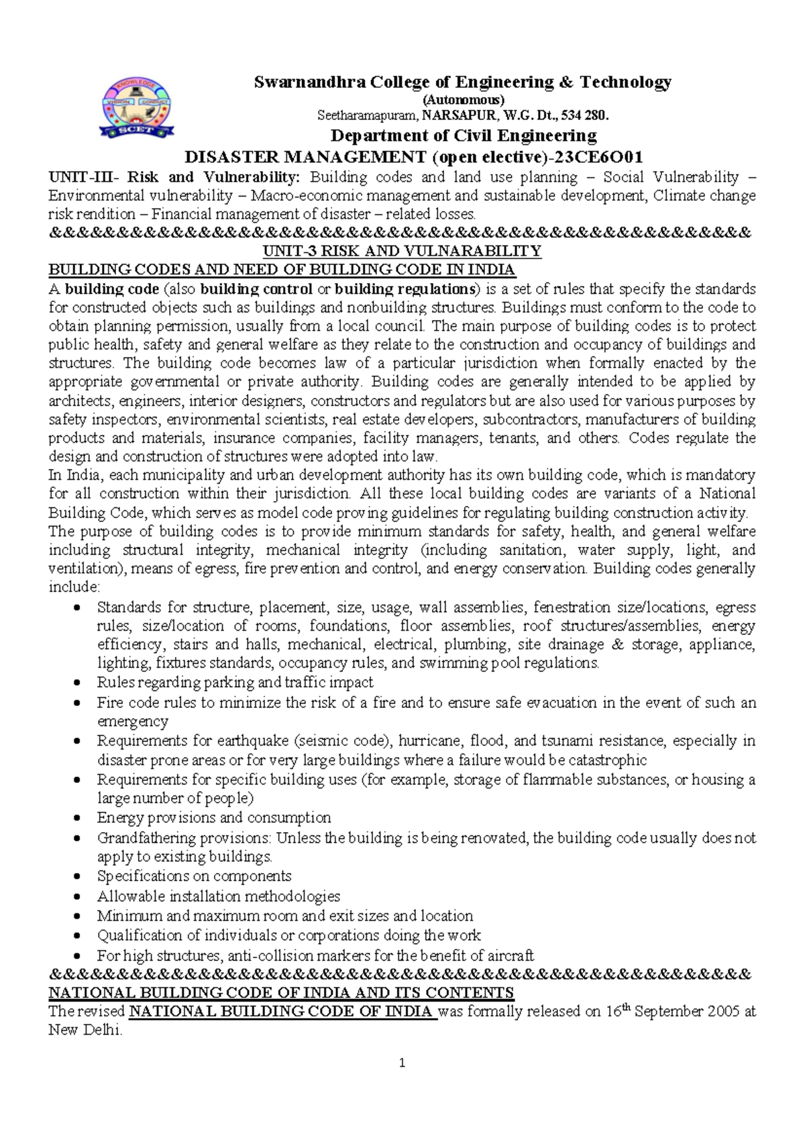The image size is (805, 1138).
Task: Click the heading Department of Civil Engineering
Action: (463, 136)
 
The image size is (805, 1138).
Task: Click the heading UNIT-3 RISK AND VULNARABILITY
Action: (401, 252)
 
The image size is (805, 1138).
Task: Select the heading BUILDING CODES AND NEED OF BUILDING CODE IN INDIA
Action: (282, 270)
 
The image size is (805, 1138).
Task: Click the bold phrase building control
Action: (256, 289)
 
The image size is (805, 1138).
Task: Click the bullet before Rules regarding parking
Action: (79, 683)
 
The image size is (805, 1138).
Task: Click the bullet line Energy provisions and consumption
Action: (214, 818)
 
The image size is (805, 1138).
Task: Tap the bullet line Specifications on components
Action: (194, 876)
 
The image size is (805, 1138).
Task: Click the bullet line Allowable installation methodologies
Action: (218, 896)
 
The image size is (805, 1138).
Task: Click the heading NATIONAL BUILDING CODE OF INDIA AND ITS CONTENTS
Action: (282, 993)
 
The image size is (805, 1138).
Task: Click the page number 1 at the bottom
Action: (402, 1063)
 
